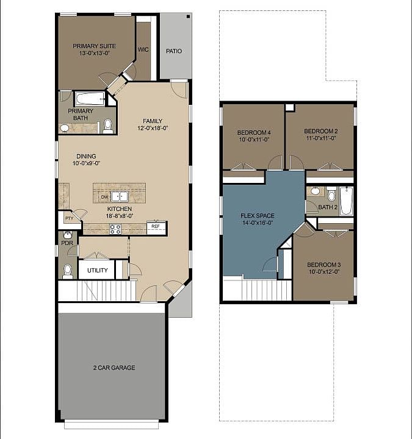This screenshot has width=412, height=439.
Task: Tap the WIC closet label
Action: point(143,50)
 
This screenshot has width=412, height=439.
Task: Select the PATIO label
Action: point(174,51)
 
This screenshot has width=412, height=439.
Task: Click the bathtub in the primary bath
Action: point(90,98)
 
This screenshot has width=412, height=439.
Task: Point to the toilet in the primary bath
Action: point(108,126)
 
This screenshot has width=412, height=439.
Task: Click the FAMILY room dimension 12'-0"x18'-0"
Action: point(152,128)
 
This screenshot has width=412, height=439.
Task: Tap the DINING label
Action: point(86,156)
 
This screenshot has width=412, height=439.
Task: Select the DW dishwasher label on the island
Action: point(104,197)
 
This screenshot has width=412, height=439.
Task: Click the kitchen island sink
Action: point(119,196)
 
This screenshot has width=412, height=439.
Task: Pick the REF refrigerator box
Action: point(156,226)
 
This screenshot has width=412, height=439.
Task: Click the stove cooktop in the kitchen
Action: point(115,229)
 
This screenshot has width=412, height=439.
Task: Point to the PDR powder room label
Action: point(67,243)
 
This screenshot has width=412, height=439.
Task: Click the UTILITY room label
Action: point(98,270)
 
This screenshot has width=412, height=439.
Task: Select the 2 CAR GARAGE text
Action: point(114,368)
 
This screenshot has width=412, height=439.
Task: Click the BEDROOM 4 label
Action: point(253,132)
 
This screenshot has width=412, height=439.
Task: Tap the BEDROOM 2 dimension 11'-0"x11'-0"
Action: point(321,138)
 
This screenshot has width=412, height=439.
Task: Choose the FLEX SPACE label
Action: point(257,216)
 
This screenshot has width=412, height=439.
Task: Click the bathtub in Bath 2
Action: point(346,201)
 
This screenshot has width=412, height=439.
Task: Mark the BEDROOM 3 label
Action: point(323,265)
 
